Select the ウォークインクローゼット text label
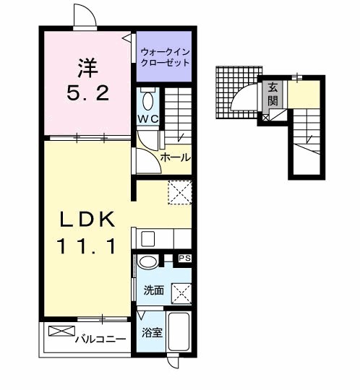click(x=165, y=56)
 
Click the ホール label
click(x=175, y=157)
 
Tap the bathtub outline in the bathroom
click(x=177, y=333)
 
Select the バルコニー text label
click(x=102, y=339)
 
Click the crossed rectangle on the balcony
click(x=61, y=333)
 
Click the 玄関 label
click(x=273, y=94)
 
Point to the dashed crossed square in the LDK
click(x=178, y=192)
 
